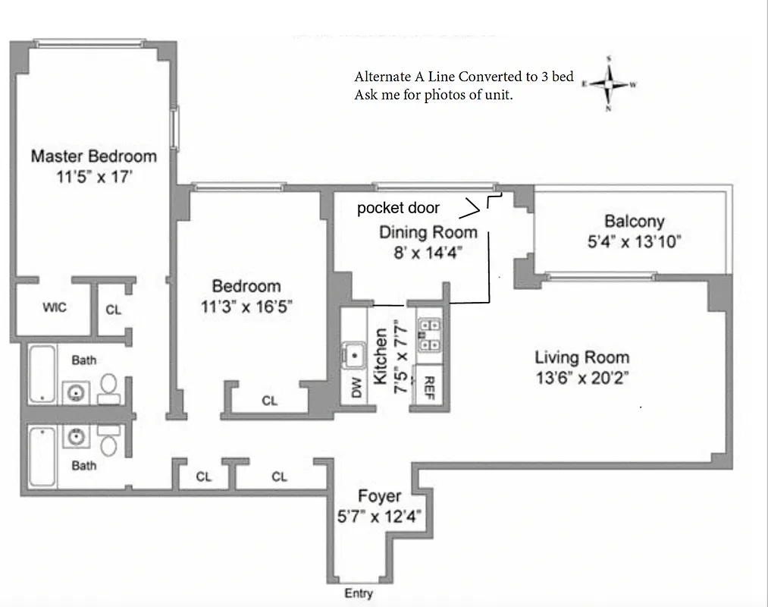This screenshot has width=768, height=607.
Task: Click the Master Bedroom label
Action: [93, 156]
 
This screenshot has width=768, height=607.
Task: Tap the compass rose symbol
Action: [610, 83]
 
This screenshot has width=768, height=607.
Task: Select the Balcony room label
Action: [634, 222]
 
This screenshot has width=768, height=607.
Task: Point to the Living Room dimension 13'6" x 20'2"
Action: [581, 377]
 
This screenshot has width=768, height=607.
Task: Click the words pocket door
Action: [398, 208]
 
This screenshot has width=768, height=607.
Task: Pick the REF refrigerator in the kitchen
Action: [428, 387]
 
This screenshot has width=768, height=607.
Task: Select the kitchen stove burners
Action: [430, 335]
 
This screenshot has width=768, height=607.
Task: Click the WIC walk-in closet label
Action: [54, 307]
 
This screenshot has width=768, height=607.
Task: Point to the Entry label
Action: [358, 593]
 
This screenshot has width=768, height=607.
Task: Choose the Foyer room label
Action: [379, 497]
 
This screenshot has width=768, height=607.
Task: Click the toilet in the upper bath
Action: [108, 385]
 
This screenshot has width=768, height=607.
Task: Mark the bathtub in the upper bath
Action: [42, 374]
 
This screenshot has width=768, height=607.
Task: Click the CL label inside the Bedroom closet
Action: [269, 401]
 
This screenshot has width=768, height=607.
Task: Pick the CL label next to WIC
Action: [113, 310]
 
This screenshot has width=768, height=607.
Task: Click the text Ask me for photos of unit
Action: [433, 96]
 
